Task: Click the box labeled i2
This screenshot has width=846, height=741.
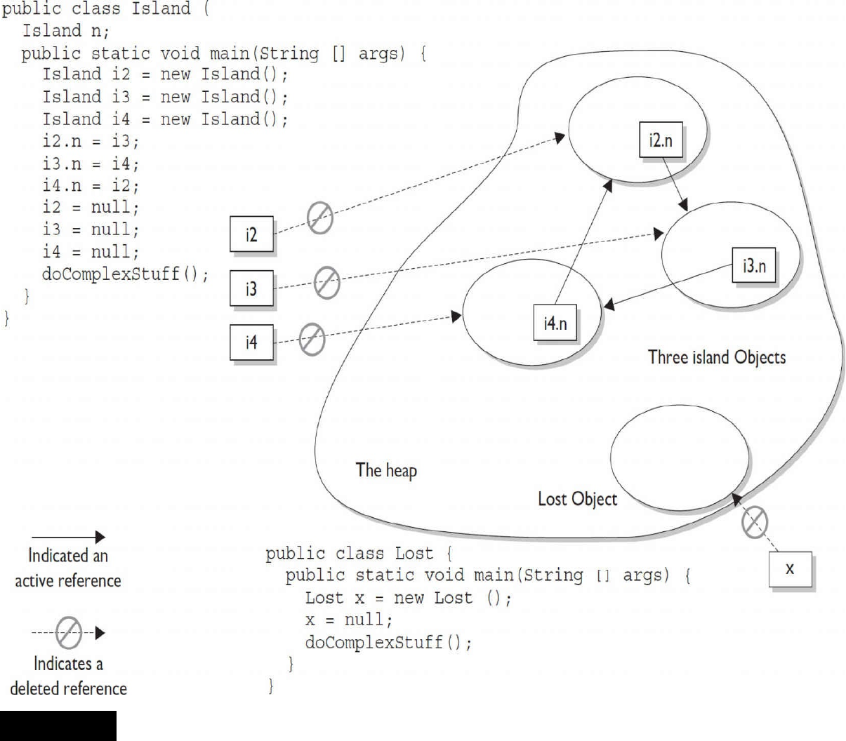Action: tap(251, 234)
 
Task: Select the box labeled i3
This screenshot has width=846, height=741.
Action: tap(251, 288)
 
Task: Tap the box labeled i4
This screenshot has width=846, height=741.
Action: tap(251, 342)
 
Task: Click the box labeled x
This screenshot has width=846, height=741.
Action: tap(790, 569)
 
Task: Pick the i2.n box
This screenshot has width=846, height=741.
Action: tap(661, 140)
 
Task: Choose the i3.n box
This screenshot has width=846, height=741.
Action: tap(754, 265)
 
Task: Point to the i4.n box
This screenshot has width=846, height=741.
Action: tap(555, 323)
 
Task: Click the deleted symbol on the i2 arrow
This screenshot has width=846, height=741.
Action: tap(320, 218)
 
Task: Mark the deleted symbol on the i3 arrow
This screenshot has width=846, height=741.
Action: tap(326, 283)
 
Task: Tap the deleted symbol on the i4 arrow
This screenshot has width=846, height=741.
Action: tap(312, 339)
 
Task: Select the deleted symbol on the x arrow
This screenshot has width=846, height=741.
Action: tap(755, 522)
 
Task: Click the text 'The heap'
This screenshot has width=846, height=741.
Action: tap(386, 469)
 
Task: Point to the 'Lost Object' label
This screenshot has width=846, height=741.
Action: tap(577, 499)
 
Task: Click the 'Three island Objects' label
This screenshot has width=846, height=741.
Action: tap(717, 357)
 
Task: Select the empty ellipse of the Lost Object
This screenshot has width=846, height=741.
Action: tap(680, 457)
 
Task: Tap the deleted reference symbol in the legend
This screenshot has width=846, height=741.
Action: tap(69, 633)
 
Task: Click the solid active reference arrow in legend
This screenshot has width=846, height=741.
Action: tap(67, 538)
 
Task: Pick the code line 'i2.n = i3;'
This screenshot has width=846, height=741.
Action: tap(91, 141)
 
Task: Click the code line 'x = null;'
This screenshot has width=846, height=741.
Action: tap(349, 620)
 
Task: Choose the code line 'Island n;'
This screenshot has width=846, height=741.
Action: tap(65, 31)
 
